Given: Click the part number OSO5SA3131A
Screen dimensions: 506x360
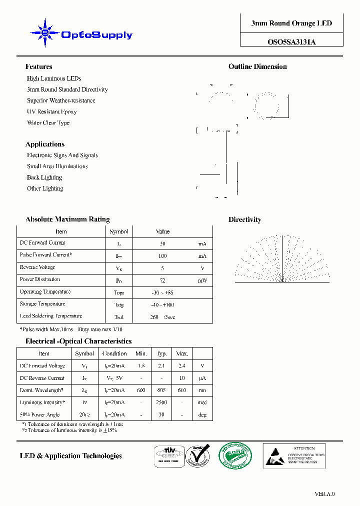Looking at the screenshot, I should point(291,42).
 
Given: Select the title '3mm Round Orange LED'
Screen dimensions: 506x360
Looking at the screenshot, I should point(291,23).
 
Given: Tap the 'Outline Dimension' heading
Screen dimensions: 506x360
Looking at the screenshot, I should point(257,66).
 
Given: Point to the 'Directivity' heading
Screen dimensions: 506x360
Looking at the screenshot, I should point(244,219).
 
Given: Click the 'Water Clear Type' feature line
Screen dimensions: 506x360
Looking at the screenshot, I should point(48,122).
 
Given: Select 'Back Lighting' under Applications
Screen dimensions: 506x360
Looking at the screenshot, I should point(44,177).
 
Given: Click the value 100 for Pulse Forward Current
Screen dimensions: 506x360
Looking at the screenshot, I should point(162,256).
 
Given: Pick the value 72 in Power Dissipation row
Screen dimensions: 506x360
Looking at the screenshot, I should point(162,280).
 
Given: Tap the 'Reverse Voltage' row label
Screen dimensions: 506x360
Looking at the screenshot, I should point(37,267).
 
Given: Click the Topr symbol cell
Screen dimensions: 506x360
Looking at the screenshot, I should point(118,292).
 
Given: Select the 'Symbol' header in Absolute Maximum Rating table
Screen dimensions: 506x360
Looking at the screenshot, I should point(118,231).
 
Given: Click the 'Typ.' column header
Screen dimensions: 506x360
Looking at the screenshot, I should point(161,353).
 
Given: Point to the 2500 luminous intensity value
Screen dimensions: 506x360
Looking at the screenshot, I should point(161,402).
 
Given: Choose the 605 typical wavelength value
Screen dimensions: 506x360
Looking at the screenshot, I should point(161,390).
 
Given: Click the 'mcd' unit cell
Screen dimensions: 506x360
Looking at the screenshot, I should point(202,402).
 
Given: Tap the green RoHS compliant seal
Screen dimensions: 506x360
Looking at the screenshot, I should point(235,455).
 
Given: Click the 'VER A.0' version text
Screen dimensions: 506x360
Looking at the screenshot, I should point(324,494).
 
